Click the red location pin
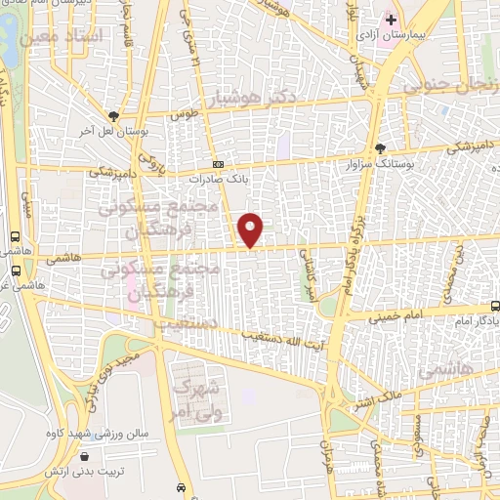click(251, 229)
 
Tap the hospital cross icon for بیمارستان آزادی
click(391, 20)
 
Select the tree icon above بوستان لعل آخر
click(114, 115)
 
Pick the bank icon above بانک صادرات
click(218, 164)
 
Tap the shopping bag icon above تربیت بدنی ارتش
click(86, 455)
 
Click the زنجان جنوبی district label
click(450, 87)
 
